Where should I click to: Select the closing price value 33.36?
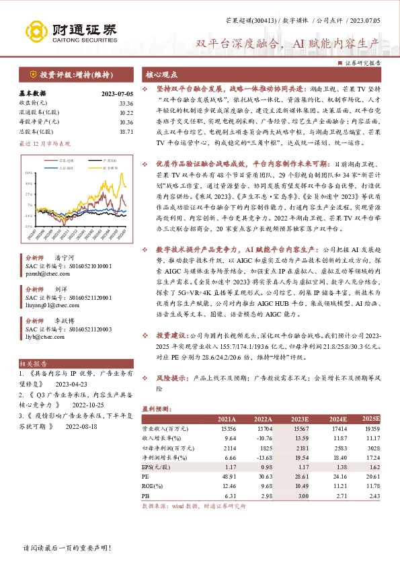pos(126,103)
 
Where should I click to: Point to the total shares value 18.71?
pos(126,132)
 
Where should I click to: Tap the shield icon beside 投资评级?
pos(32,75)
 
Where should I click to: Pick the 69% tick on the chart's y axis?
pos(30,173)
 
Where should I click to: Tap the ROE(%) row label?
pos(152,485)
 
